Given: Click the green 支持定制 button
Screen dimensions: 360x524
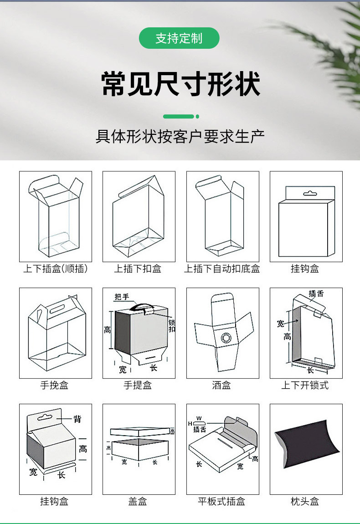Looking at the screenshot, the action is pos(179,38).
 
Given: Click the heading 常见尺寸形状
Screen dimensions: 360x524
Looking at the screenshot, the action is pos(180,84).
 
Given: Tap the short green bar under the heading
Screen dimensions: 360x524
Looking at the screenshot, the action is pos(179,117).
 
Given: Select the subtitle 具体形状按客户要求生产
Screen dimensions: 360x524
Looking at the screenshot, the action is pos(180,136).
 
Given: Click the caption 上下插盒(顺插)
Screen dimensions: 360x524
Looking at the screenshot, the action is pos(55,269).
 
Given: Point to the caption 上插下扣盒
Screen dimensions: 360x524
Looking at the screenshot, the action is pos(138,269).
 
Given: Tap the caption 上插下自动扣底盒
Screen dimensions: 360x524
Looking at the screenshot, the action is pos(222,269).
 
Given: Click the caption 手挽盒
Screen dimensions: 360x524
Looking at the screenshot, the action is pos(54,385).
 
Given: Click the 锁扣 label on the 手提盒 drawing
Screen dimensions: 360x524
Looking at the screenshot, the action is pos(172,326).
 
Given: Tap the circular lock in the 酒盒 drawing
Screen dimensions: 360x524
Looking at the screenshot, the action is pos(226,338).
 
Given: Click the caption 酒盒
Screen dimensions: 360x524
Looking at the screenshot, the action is pos(221,385).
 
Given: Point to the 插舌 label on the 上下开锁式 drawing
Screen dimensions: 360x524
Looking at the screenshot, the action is pos(316,294).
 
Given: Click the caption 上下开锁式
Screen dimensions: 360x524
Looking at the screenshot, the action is pos(305,385).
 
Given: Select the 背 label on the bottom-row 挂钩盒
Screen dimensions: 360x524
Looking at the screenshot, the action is pos(77,419).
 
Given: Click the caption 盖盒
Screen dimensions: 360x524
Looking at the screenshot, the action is pos(138,502).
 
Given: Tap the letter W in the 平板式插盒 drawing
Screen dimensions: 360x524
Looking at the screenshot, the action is pos(199,418).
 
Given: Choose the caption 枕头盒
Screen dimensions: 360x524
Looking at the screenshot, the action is pos(305,502).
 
